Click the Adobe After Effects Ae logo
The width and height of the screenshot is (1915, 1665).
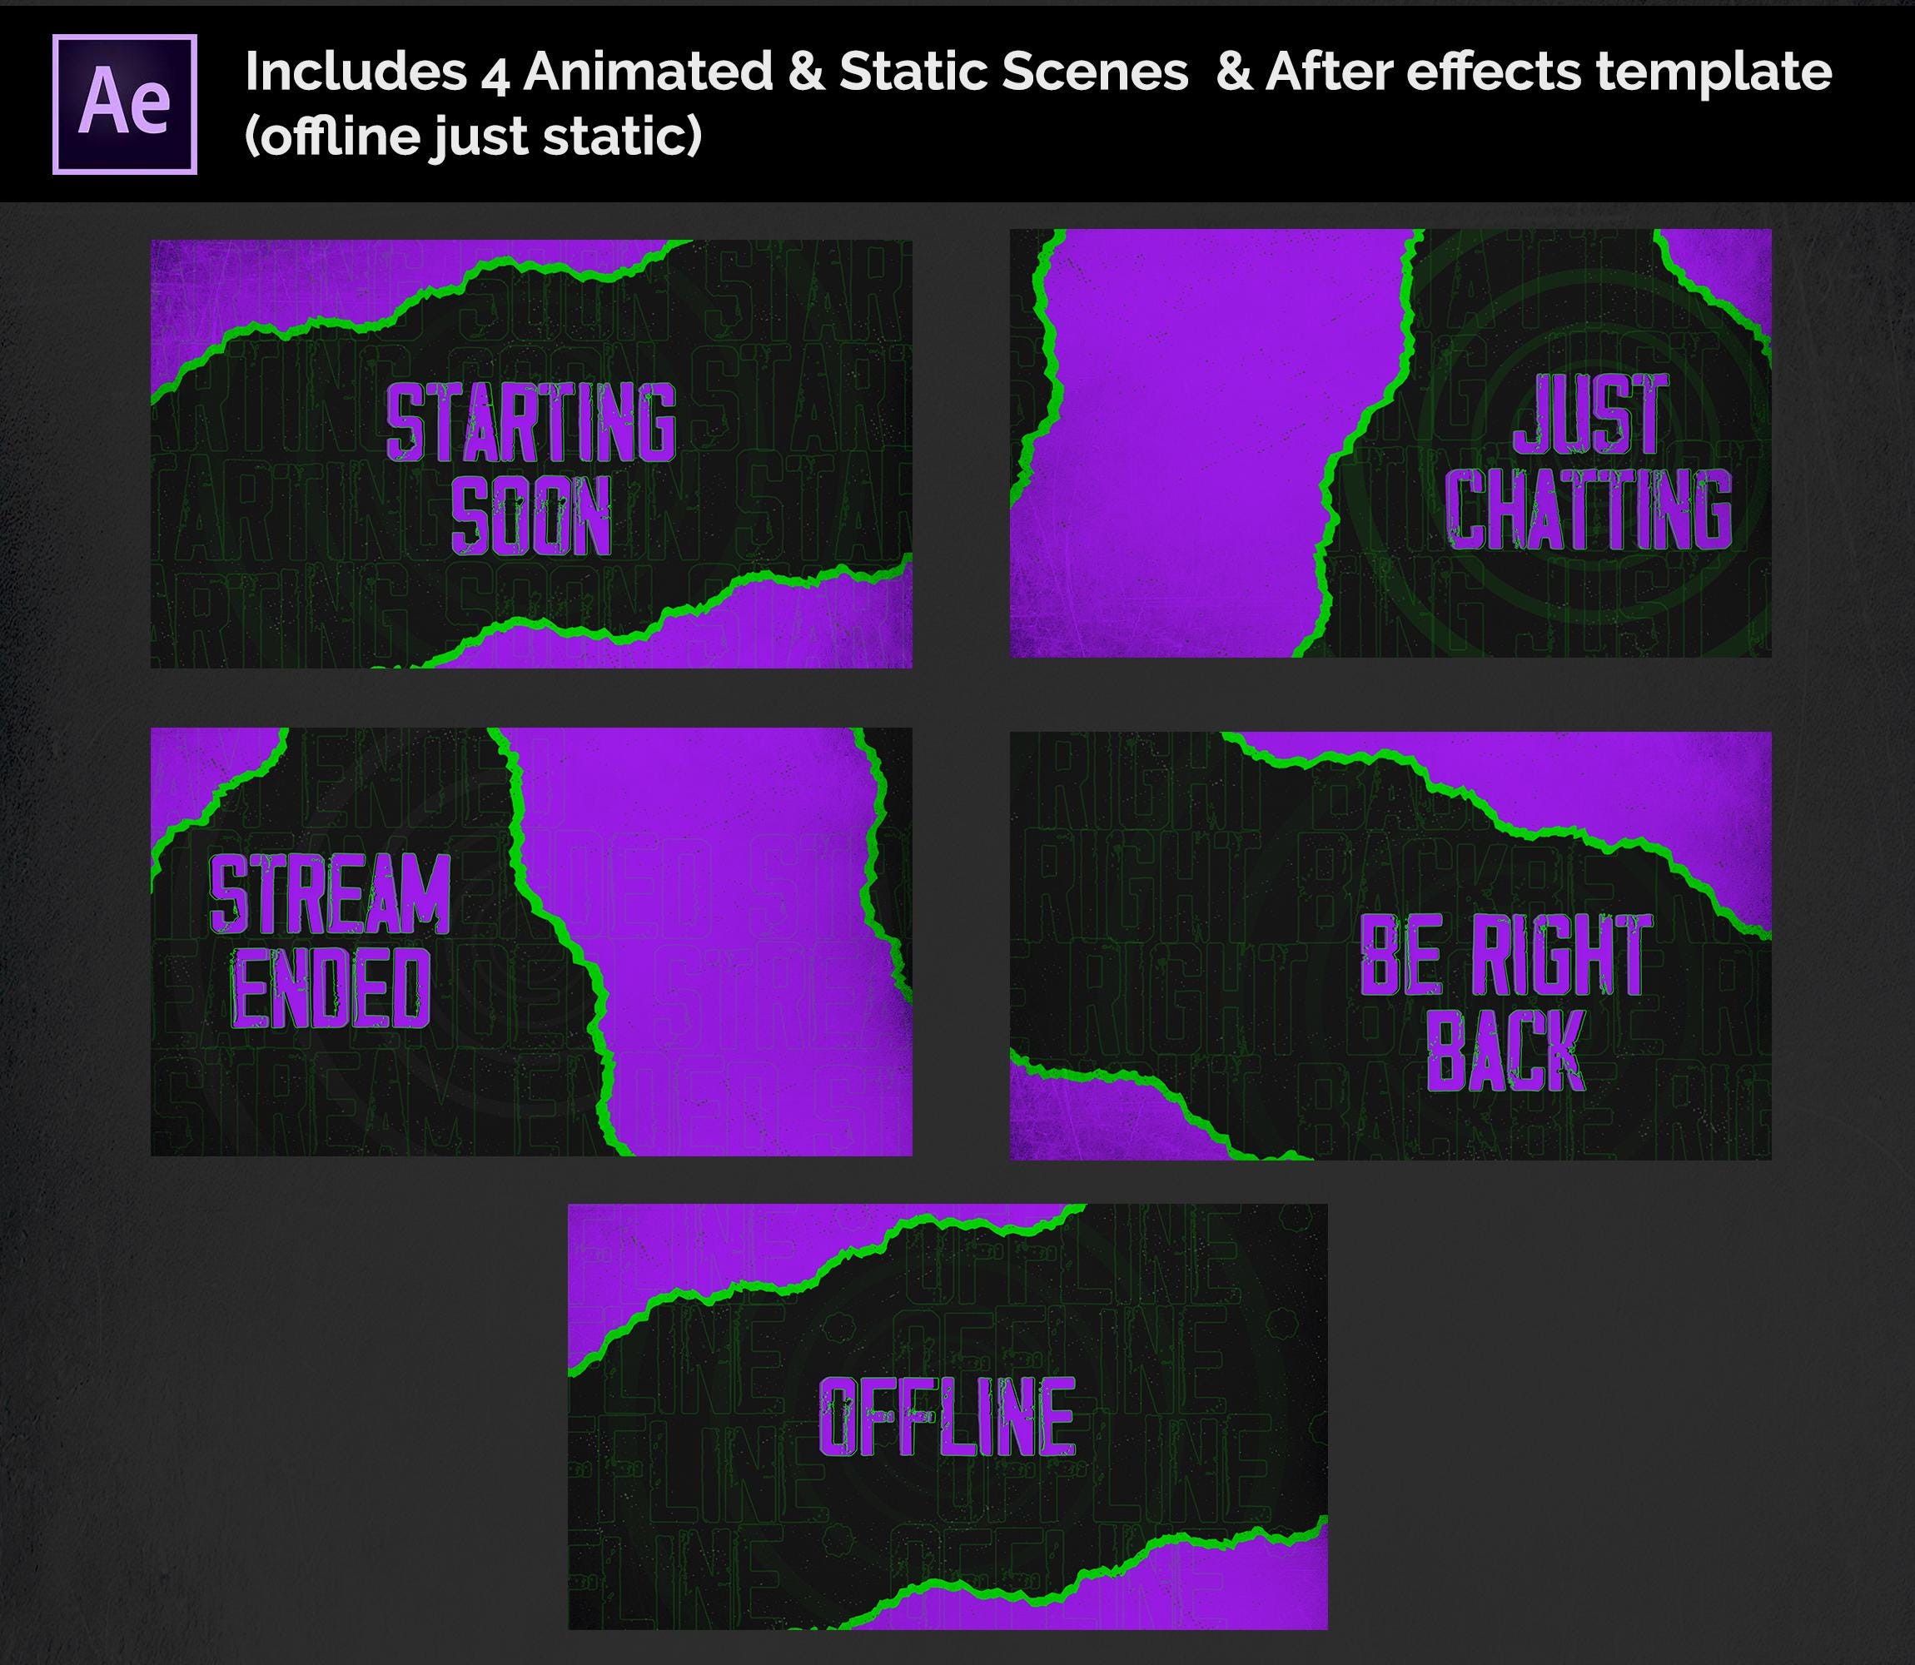point(125,104)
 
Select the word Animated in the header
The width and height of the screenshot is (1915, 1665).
point(648,72)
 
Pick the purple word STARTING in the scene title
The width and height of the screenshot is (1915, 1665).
point(530,423)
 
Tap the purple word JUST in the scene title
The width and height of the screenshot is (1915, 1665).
point(1591,415)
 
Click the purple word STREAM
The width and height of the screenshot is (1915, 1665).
point(331,894)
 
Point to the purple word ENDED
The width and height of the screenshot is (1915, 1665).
point(331,987)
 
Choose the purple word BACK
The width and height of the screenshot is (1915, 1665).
point(1505,1049)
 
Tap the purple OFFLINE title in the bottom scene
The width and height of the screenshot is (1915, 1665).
point(947,1416)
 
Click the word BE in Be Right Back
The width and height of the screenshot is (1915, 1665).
point(1401,954)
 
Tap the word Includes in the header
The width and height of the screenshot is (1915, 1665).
point(356,72)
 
